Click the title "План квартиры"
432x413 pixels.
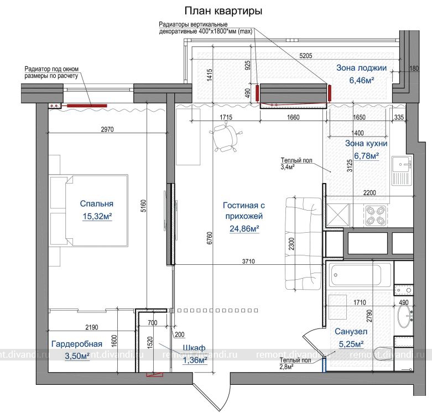223,11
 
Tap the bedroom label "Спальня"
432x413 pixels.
97,203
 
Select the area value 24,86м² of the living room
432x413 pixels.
244,228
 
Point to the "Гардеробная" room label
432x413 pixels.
77,344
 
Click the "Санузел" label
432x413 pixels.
351,332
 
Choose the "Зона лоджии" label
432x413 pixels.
361,68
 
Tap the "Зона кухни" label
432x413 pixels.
366,143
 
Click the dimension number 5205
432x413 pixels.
306,56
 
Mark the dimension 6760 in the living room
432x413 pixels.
210,238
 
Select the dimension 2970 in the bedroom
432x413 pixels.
107,129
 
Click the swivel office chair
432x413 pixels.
226,138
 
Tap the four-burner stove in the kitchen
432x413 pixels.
375,216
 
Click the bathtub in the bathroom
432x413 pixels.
358,275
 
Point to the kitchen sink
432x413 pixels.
402,171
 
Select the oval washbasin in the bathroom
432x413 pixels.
404,316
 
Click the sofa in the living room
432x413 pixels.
303,243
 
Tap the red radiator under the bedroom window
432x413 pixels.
87,106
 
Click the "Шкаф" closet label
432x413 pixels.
194,348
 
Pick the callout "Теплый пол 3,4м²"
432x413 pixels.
296,164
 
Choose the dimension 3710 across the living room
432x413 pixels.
248,262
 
